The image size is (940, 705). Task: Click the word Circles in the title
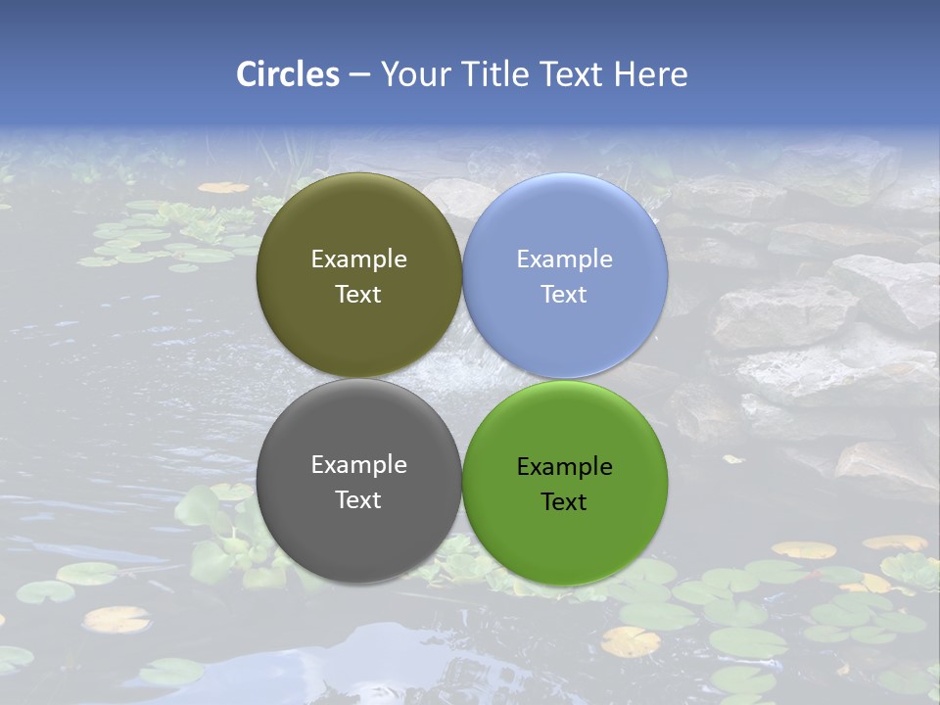pos(288,74)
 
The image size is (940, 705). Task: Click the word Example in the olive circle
pos(358,259)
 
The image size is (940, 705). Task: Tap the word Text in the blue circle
pos(564,295)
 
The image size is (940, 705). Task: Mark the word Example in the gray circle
pos(358,465)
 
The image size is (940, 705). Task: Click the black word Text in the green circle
pos(564,502)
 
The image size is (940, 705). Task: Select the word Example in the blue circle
pos(565,259)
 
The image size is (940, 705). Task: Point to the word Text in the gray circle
pos(358,500)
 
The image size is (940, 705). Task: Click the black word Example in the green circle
pos(565,467)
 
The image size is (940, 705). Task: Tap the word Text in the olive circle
pos(358,295)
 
